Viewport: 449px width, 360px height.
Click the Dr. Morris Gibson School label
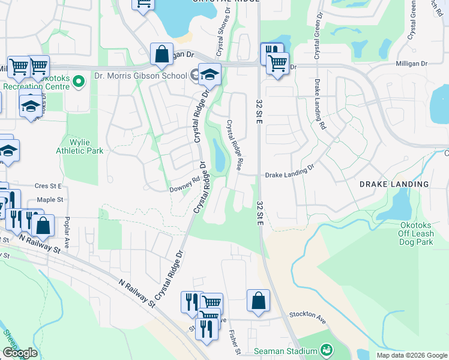(x=140, y=76)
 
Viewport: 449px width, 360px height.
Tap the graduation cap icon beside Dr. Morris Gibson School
(x=209, y=74)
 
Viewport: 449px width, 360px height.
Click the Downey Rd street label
(x=184, y=182)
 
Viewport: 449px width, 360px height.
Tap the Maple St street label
(x=49, y=199)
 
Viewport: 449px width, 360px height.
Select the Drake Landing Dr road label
(x=290, y=172)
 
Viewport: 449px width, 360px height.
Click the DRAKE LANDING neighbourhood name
(x=394, y=184)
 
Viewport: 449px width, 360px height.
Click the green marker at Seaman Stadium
(x=327, y=349)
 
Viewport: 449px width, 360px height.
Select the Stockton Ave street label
(x=307, y=314)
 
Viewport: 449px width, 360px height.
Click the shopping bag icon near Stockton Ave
(x=258, y=302)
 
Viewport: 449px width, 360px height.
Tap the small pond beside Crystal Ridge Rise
(x=218, y=155)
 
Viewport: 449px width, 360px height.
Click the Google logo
(x=20, y=353)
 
